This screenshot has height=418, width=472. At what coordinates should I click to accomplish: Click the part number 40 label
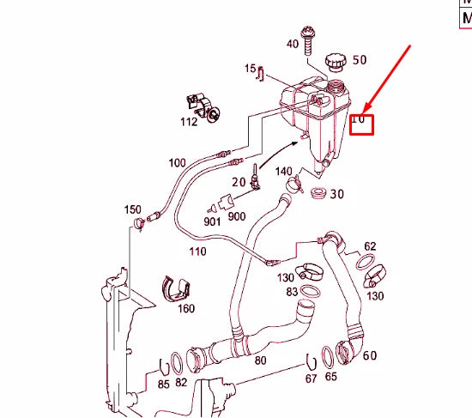(x=293, y=44)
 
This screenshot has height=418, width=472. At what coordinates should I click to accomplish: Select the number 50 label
(x=359, y=60)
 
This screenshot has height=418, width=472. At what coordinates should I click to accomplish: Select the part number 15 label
(x=251, y=68)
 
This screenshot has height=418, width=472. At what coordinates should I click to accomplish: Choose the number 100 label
(x=177, y=162)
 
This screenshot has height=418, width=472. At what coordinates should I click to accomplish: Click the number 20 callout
(x=239, y=182)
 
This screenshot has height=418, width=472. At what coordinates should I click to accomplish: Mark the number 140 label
(x=283, y=172)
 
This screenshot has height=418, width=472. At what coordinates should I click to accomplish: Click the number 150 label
(x=132, y=209)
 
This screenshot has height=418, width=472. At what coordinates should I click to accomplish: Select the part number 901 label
(x=212, y=221)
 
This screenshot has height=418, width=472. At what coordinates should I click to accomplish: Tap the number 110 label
(x=197, y=251)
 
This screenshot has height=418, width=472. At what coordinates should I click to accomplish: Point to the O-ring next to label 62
(x=366, y=260)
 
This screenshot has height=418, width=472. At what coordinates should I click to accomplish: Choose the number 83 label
(x=293, y=292)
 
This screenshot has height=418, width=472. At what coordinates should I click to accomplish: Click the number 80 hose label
(x=260, y=360)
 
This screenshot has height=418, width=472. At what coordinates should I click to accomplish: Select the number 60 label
(x=369, y=355)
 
